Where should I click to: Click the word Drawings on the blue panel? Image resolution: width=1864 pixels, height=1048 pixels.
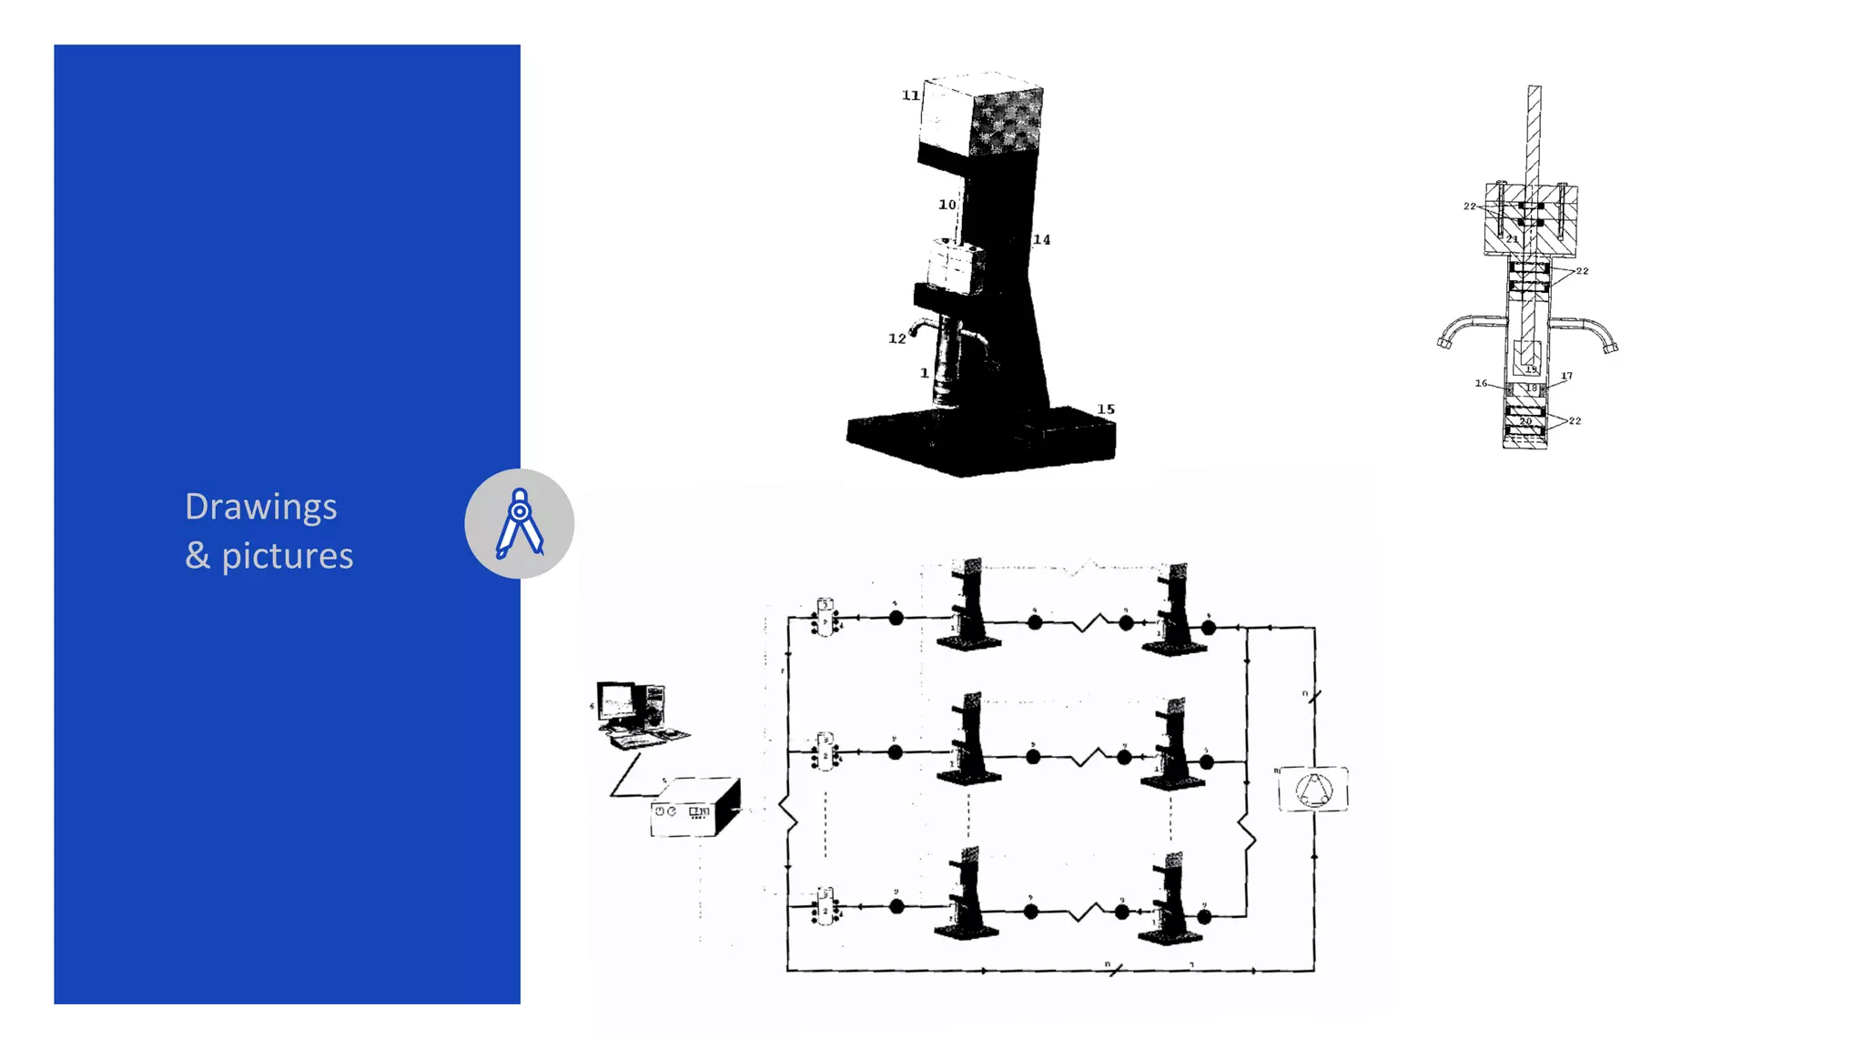pos(260,508)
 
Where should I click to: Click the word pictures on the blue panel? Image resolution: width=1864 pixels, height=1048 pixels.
pos(287,556)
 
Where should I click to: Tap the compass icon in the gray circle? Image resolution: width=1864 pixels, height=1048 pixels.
pos(520,524)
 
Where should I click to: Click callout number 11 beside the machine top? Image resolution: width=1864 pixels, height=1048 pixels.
pos(910,96)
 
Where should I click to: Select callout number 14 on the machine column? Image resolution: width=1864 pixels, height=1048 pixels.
pos(1041,240)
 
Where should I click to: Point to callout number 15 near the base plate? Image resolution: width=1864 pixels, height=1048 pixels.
pos(1105,409)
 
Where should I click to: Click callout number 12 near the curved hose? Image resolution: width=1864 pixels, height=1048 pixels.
pos(897,338)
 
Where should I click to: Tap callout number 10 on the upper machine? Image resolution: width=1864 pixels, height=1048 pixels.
pos(947,205)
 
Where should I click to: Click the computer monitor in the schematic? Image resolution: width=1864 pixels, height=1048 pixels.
pos(617,702)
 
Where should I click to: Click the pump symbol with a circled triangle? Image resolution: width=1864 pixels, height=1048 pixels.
pos(1313,789)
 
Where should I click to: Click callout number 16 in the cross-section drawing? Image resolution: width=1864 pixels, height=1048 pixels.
pos(1481,384)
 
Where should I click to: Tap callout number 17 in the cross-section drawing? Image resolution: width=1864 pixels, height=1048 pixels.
pos(1566,376)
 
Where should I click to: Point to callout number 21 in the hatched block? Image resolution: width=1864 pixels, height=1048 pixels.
pos(1512,238)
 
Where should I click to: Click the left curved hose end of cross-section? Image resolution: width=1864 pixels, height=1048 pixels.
pos(1444,343)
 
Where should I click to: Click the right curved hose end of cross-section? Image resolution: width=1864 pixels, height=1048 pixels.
pos(1611,347)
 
